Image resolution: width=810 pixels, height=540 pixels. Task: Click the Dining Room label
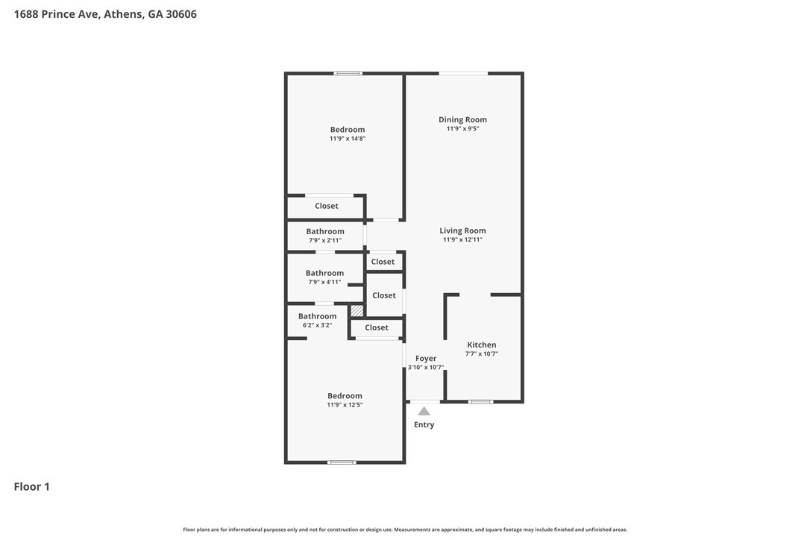[462, 119]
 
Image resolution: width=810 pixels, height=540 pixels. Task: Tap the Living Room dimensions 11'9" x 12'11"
[462, 240]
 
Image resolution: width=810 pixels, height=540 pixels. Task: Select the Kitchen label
[481, 345]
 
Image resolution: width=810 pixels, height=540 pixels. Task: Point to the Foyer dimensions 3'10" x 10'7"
[426, 367]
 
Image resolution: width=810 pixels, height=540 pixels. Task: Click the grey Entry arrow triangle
[424, 411]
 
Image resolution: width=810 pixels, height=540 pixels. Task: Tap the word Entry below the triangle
[424, 425]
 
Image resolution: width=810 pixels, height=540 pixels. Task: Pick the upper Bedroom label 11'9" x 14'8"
[348, 130]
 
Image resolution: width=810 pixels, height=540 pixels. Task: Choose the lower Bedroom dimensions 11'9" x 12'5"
[345, 405]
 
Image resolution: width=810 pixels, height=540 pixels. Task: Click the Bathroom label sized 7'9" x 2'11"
[325, 231]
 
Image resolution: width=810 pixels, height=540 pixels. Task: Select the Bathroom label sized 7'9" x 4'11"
[324, 273]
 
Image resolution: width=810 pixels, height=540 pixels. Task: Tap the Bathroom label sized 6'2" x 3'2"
[317, 316]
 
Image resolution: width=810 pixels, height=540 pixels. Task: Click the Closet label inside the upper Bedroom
[326, 206]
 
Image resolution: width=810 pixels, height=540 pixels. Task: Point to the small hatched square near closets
[357, 310]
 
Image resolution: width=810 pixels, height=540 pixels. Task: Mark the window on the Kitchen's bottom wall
[480, 402]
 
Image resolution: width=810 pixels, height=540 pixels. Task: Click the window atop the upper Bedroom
[348, 73]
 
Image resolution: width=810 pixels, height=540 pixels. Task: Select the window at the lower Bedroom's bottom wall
[342, 462]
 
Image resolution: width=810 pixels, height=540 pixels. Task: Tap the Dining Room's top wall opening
[463, 73]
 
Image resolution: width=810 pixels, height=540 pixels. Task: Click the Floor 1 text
[32, 487]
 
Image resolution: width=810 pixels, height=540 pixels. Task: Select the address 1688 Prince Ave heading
[105, 14]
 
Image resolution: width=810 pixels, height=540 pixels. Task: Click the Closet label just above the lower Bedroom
[377, 327]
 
